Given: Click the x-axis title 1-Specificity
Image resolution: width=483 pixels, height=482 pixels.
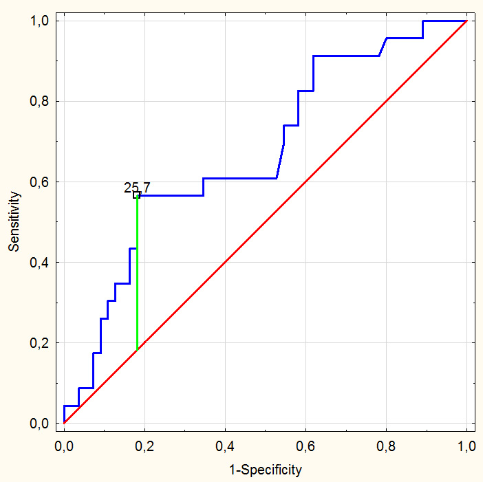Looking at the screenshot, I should click(265, 470).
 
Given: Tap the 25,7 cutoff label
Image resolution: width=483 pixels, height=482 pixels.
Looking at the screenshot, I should click(137, 187).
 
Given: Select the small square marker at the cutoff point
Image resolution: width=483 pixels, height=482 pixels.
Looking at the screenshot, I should click(137, 195).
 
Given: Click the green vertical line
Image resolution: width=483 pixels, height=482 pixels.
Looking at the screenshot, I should click(138, 275).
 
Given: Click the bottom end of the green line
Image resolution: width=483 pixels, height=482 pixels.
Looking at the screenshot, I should click(138, 349).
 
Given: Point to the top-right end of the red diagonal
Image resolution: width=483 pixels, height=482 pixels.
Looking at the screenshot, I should click(466, 21).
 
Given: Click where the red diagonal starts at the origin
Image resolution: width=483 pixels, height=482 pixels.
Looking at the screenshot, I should click(64, 423).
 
